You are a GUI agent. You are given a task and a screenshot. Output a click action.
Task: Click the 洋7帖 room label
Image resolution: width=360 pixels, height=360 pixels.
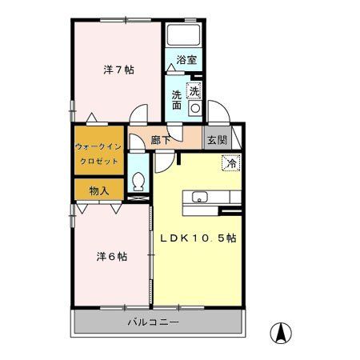pos(118,70)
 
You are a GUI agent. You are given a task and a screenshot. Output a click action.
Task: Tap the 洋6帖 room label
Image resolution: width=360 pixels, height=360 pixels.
pos(112,257)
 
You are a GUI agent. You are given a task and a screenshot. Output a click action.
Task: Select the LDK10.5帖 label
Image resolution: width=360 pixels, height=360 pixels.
pos(195,238)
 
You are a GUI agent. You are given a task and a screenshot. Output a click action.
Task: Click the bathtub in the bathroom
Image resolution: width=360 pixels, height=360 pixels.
pos(184,37)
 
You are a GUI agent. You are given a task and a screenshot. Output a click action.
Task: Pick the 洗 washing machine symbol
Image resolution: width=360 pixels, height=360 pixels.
pos(194,90)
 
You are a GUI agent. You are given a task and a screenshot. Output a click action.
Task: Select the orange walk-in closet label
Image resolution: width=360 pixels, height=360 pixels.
pos(98,154)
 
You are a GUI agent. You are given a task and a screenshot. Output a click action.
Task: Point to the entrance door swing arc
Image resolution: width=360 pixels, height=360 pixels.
pos(218,110)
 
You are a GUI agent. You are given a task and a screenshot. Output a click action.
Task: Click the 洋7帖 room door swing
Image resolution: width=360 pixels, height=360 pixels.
pos(139,116)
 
